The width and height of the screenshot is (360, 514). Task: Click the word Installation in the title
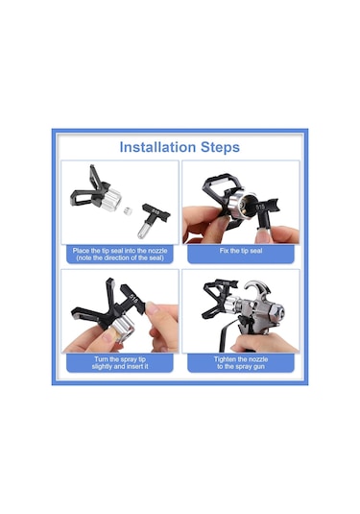point(157,147)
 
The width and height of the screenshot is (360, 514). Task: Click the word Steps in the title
point(220,148)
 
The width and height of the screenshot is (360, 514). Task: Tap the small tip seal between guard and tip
point(128,211)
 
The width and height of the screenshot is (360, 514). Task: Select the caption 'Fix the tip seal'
point(241,251)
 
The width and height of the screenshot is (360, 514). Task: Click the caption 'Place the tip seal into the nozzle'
point(120,251)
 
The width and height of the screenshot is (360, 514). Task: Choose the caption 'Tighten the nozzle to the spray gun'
point(241,363)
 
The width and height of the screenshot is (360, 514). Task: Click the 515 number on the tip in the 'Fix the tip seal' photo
point(260,208)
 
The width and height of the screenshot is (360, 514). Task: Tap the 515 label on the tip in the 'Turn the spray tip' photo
point(134,298)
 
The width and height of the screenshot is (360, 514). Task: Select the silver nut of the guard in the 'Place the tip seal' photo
point(110,198)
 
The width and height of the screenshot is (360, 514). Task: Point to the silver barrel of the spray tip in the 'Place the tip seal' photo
point(143,230)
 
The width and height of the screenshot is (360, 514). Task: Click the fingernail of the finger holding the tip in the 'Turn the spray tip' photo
point(151,308)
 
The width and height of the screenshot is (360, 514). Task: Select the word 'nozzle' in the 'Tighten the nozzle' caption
point(258,359)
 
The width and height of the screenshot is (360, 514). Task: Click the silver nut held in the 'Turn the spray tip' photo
point(123,329)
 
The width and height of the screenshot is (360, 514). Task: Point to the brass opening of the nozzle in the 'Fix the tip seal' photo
point(248,206)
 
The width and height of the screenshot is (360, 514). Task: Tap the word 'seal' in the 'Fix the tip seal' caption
point(256,251)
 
